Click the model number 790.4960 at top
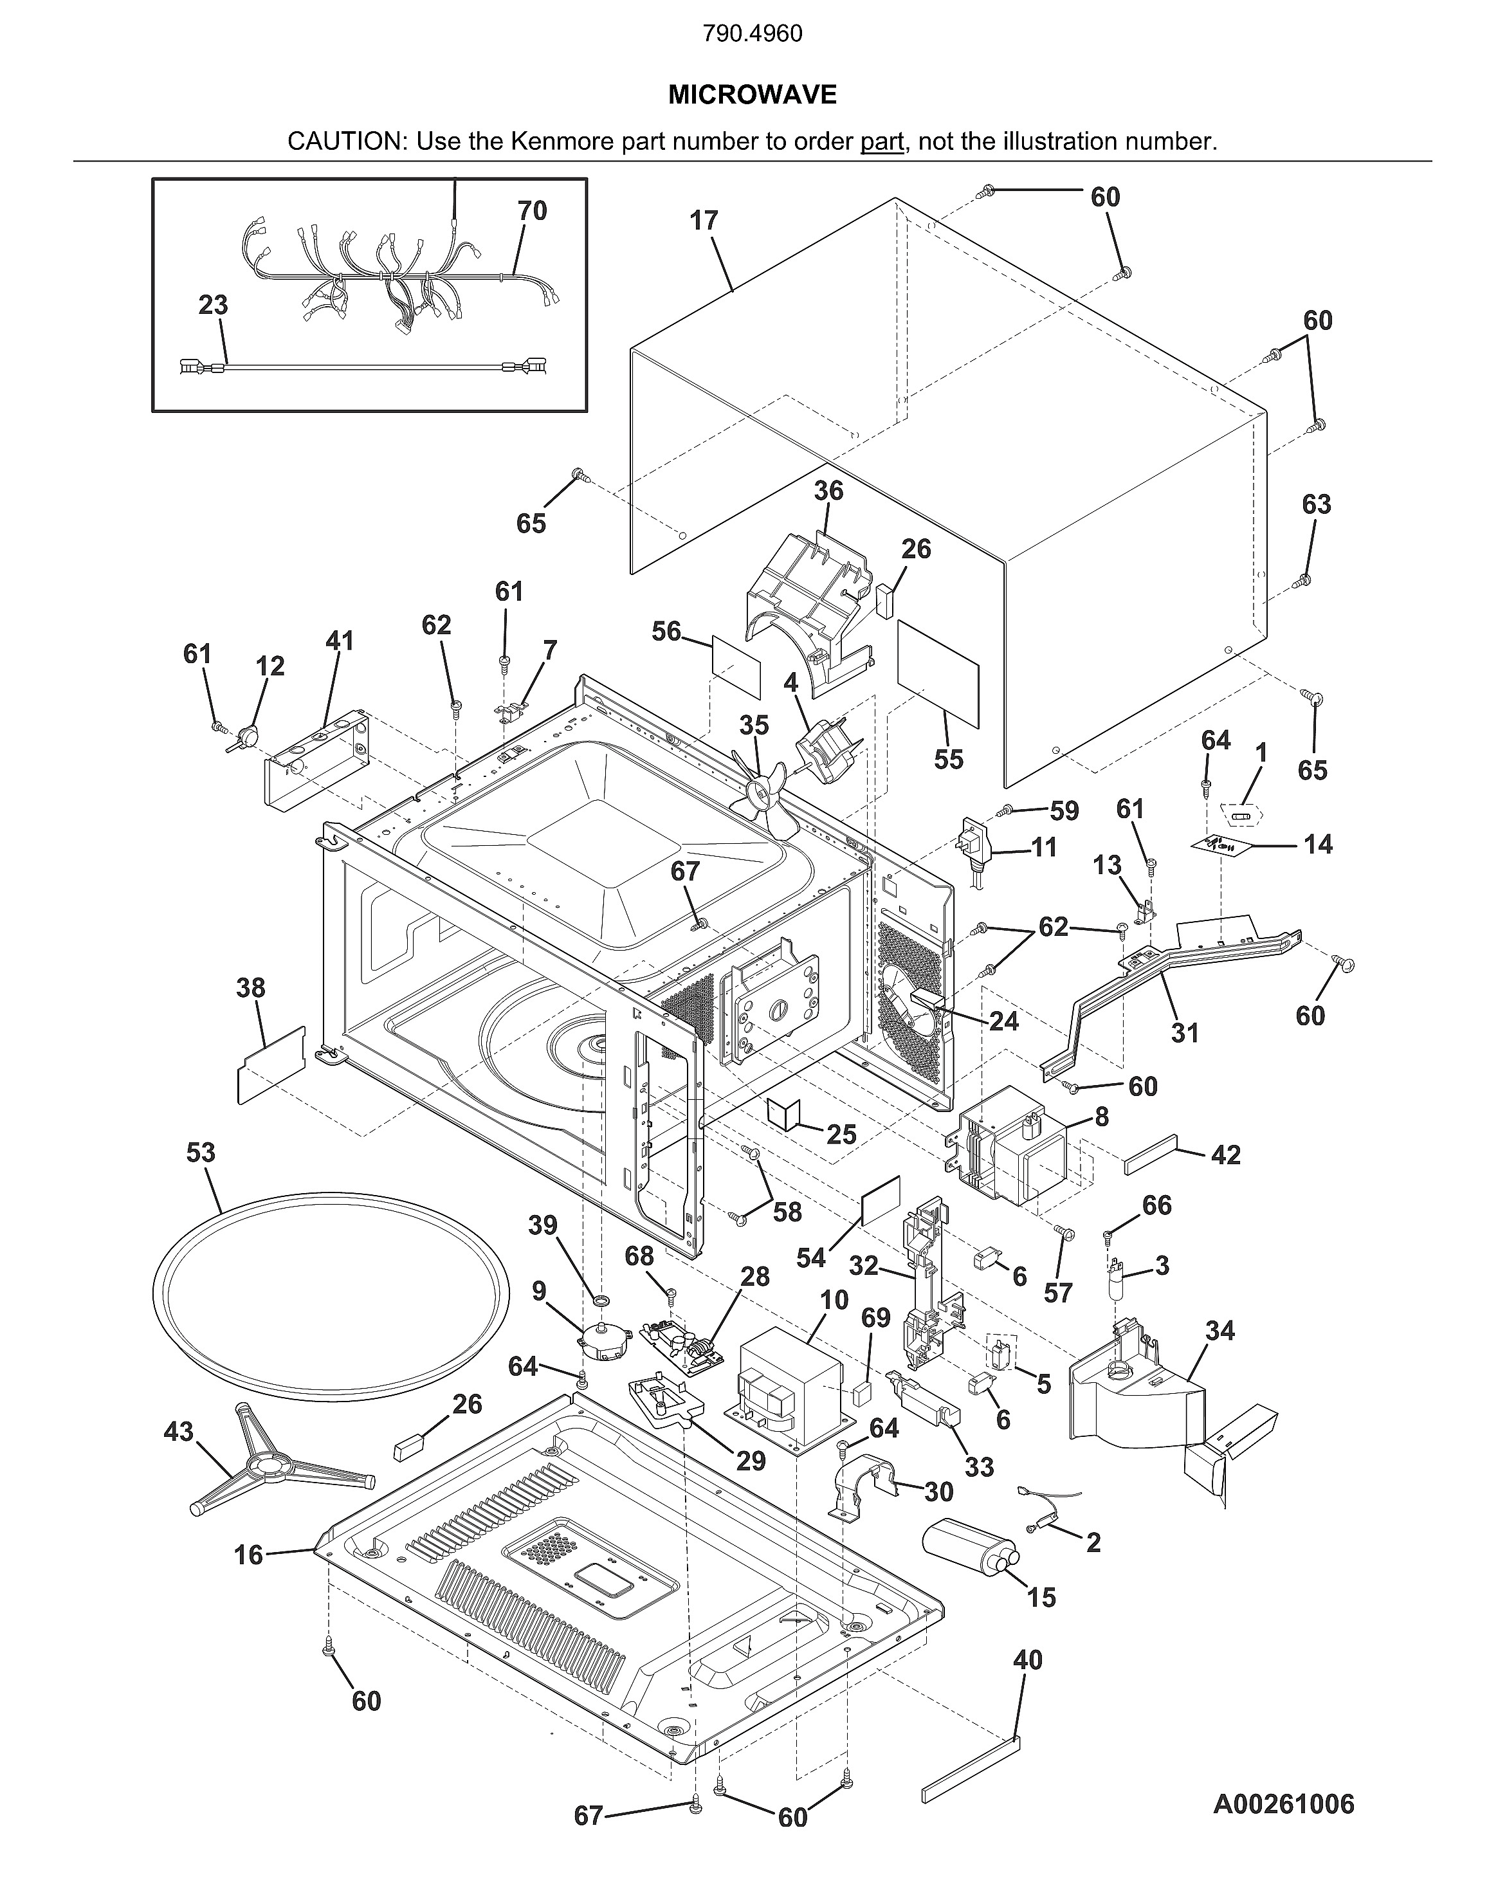click(x=752, y=34)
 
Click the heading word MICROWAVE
click(x=752, y=95)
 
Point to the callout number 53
click(x=201, y=1153)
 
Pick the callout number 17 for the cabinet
click(x=704, y=221)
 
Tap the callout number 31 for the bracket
click(x=1185, y=1033)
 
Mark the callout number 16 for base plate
click(x=248, y=1555)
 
